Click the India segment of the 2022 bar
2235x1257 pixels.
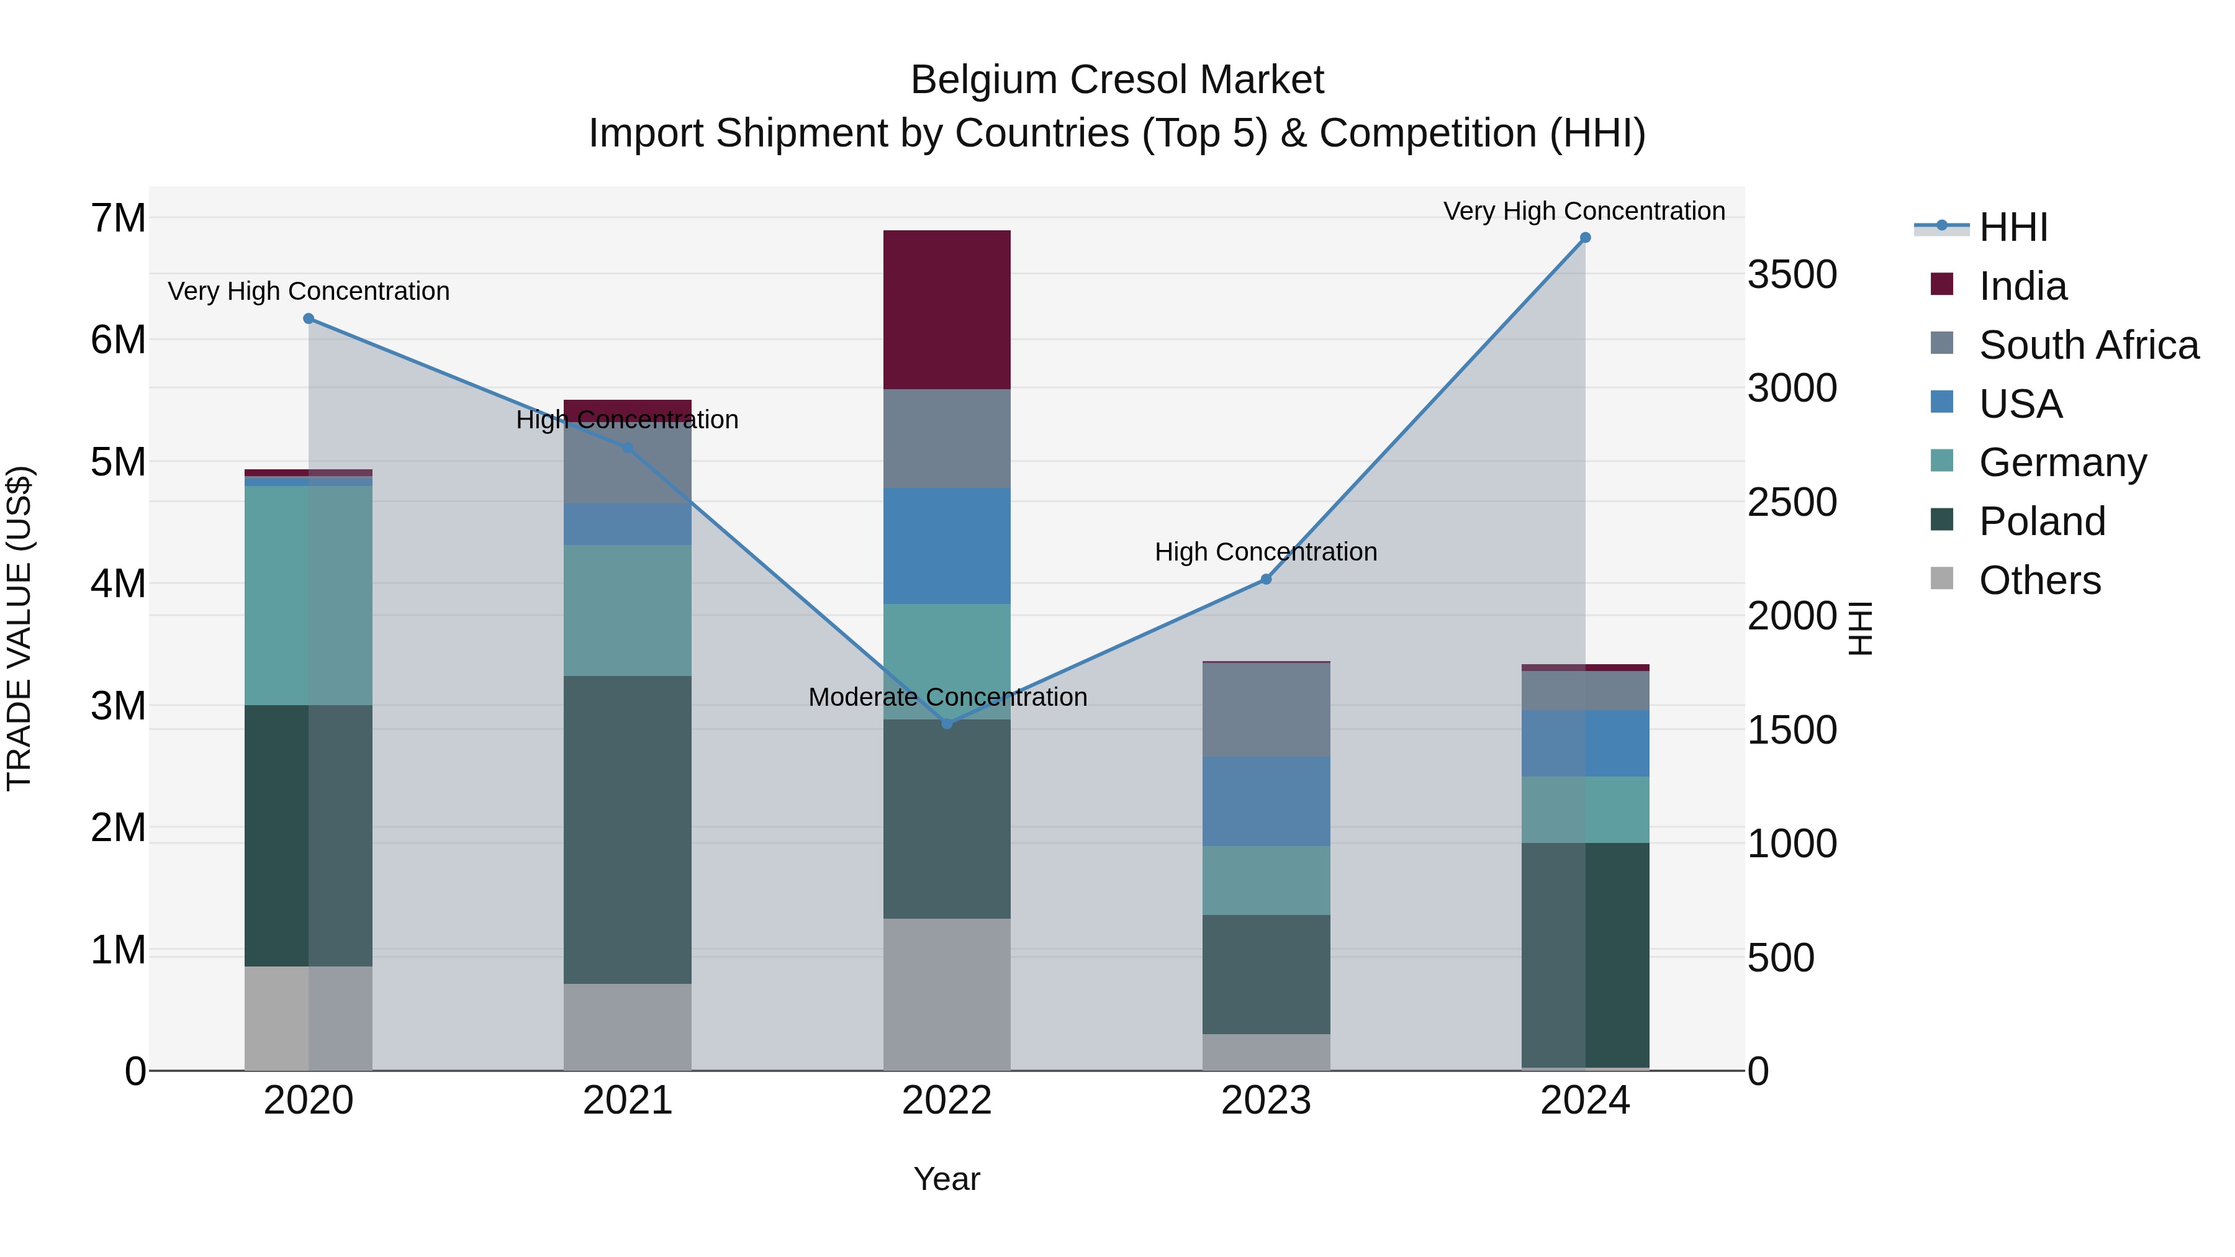click(947, 310)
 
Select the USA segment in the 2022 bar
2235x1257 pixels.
click(947, 546)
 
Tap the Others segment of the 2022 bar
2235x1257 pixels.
click(947, 994)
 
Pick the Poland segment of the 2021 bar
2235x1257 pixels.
click(627, 829)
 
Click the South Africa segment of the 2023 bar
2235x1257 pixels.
click(1266, 710)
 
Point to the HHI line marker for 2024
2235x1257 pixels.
click(1585, 238)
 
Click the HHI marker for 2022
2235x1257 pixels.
click(947, 724)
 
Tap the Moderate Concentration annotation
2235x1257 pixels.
click(947, 698)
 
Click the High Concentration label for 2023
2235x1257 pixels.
click(1265, 552)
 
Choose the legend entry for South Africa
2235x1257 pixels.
click(2087, 345)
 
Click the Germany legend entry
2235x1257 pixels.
click(2061, 462)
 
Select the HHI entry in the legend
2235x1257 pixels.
click(2012, 227)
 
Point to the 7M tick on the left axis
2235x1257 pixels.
click(118, 218)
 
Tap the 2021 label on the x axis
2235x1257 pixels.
click(627, 1101)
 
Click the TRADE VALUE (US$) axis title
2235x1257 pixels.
click(20, 628)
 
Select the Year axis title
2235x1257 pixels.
click(947, 1179)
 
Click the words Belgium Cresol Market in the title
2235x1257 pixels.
click(1117, 81)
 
